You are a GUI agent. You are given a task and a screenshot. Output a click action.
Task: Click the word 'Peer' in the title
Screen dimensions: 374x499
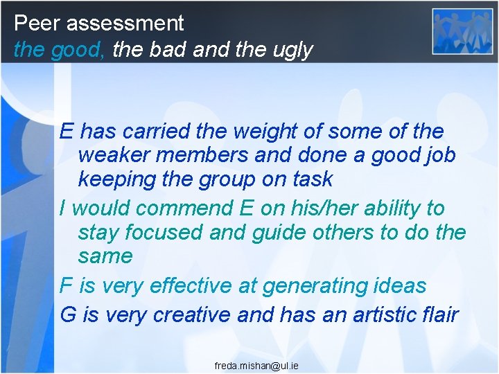(37, 23)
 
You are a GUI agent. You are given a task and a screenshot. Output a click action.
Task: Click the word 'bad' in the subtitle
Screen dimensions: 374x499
(166, 50)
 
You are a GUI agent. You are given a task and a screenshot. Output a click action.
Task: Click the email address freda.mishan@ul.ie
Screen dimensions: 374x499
(256, 365)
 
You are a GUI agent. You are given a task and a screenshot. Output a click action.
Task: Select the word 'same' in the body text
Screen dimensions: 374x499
(105, 256)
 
